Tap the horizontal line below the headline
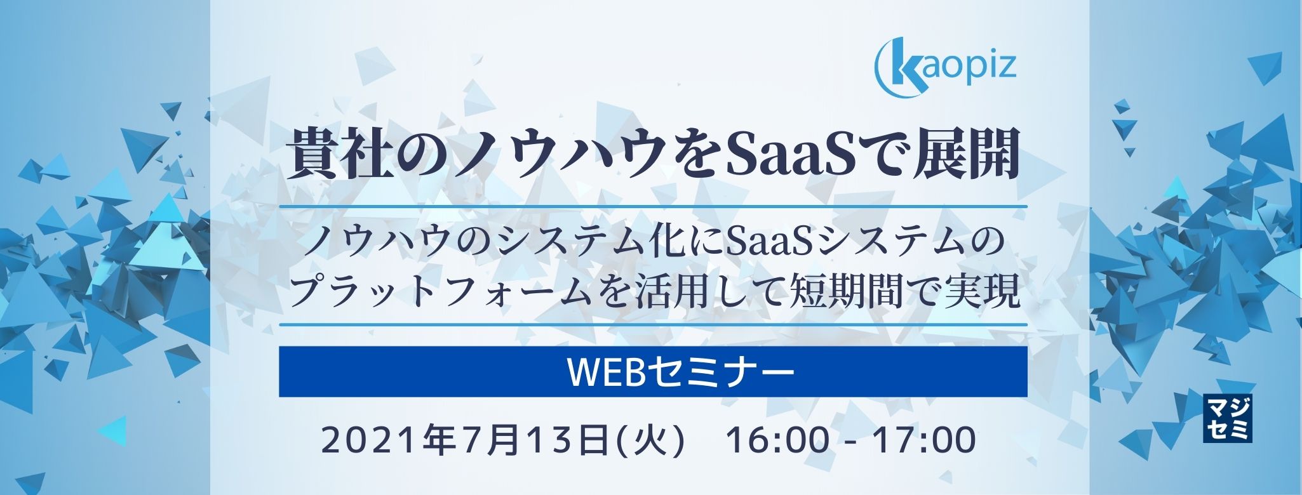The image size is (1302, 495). click(653, 206)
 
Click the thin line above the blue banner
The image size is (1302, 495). click(653, 325)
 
